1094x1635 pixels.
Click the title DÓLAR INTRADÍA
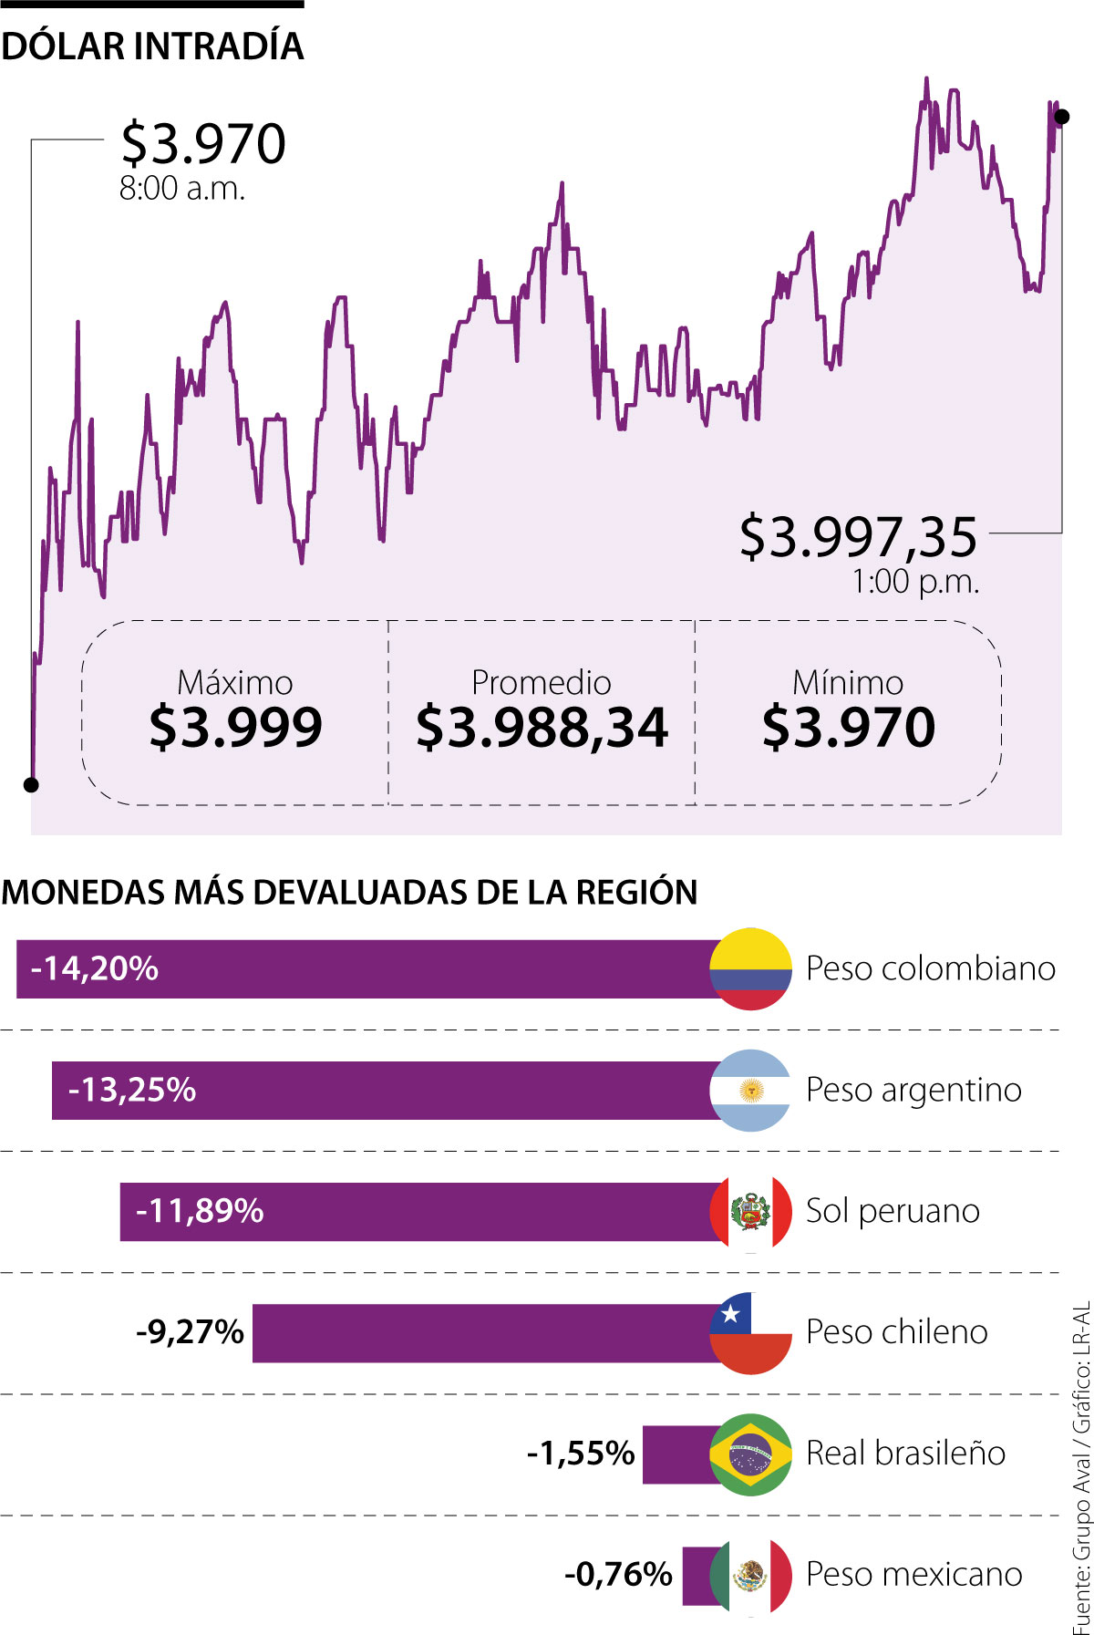click(152, 47)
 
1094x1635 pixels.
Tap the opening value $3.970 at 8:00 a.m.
click(204, 144)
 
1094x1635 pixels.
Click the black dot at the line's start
click(31, 785)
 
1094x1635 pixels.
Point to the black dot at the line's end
click(1061, 117)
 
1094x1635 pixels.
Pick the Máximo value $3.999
click(235, 727)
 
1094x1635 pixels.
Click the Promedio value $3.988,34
click(542, 727)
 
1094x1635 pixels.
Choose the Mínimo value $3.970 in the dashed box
click(848, 727)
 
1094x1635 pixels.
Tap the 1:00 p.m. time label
click(915, 582)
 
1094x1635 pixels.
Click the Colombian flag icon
click(750, 968)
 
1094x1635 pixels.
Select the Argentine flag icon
click(750, 1090)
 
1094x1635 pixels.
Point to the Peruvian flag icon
click(750, 1211)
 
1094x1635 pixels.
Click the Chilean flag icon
click(750, 1332)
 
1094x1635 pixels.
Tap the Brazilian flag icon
click(750, 1454)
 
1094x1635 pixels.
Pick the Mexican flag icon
click(750, 1575)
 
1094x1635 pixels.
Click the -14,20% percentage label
click(95, 968)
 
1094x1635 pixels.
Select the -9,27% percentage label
click(190, 1332)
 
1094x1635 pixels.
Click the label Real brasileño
click(905, 1454)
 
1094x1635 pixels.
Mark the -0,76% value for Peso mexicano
click(618, 1575)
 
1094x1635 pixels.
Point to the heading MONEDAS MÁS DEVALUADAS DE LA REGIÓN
click(349, 892)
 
